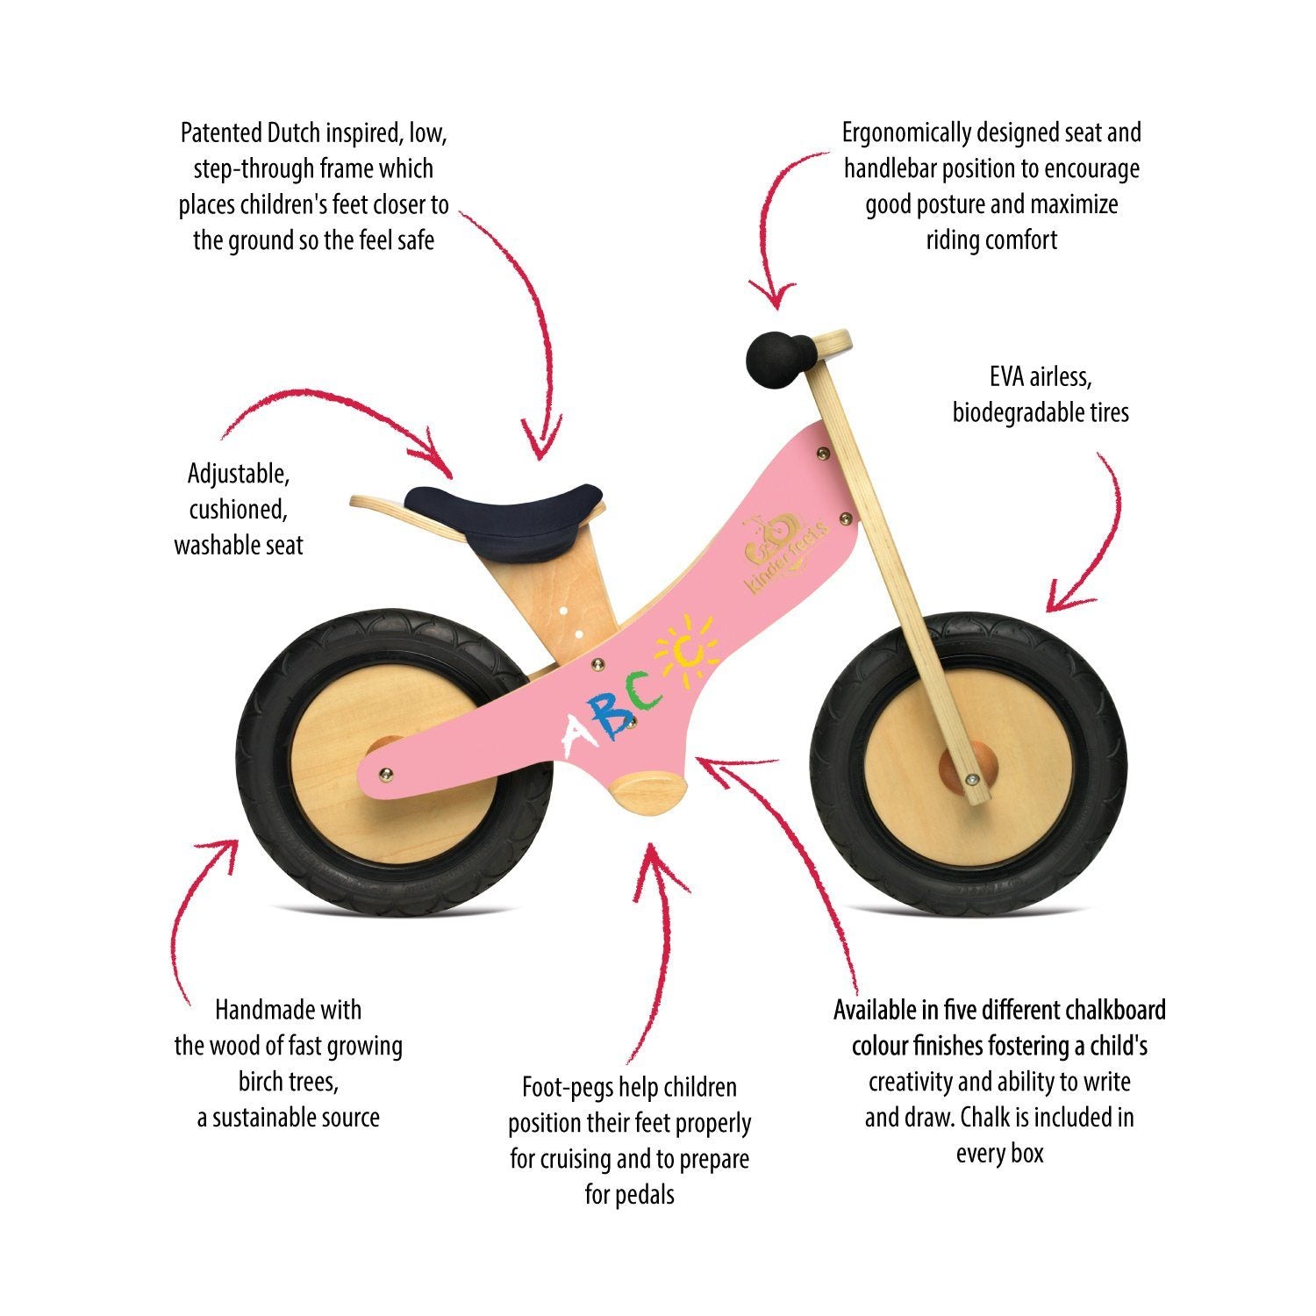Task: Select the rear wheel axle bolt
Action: [x=384, y=773]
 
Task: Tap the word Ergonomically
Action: [x=906, y=133]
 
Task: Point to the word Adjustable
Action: [x=239, y=474]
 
